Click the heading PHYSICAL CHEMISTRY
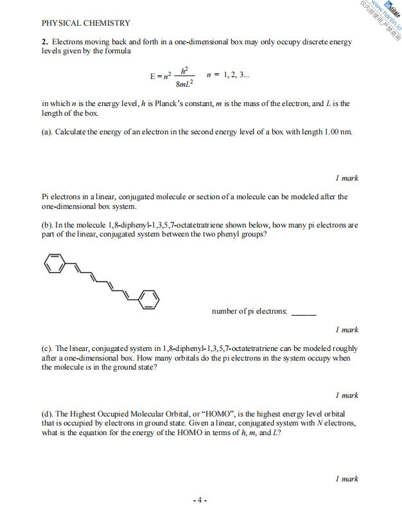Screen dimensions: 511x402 coord(86,23)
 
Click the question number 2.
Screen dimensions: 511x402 coord(44,42)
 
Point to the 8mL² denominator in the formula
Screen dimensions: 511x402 coord(185,83)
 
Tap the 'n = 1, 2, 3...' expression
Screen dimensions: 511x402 coord(228,74)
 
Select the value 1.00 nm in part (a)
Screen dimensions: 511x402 coord(338,132)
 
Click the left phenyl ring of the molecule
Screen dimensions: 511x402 coord(55,264)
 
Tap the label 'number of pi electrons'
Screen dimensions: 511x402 coord(249,312)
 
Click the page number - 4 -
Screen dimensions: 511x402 coord(200,499)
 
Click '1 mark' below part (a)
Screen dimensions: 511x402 coord(347,178)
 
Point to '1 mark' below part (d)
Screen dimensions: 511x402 coord(347,479)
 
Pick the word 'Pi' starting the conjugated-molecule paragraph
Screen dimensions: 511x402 coord(46,197)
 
